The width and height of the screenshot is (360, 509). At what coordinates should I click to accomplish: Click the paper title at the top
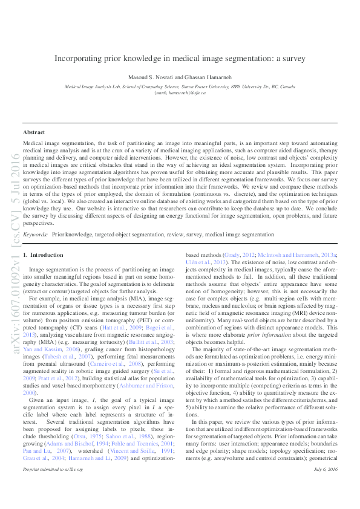point(180,59)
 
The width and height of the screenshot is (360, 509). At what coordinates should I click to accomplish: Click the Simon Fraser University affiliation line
point(180,87)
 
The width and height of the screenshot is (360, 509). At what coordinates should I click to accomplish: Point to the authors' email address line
point(180,94)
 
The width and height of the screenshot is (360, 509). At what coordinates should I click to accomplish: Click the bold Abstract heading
point(34,132)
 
